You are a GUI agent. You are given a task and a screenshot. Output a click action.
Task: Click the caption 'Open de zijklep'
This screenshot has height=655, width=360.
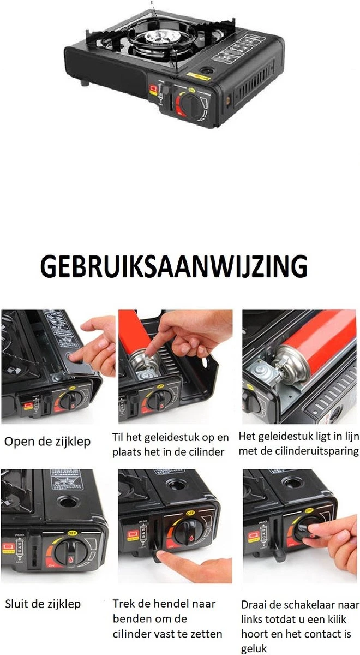pyautogui.click(x=48, y=442)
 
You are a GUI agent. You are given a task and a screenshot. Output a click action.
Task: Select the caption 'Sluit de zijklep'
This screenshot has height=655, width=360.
pyautogui.click(x=43, y=604)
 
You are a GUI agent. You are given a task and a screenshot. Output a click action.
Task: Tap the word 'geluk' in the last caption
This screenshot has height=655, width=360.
pyautogui.click(x=254, y=648)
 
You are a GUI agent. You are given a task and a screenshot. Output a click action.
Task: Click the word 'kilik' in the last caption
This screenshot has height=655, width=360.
pyautogui.click(x=344, y=620)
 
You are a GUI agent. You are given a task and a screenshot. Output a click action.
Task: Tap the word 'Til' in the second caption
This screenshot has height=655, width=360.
pyautogui.click(x=119, y=437)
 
